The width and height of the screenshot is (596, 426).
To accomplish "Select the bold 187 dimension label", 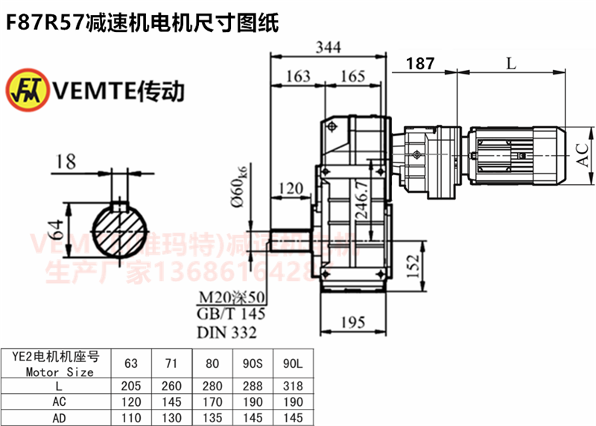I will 421,64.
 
